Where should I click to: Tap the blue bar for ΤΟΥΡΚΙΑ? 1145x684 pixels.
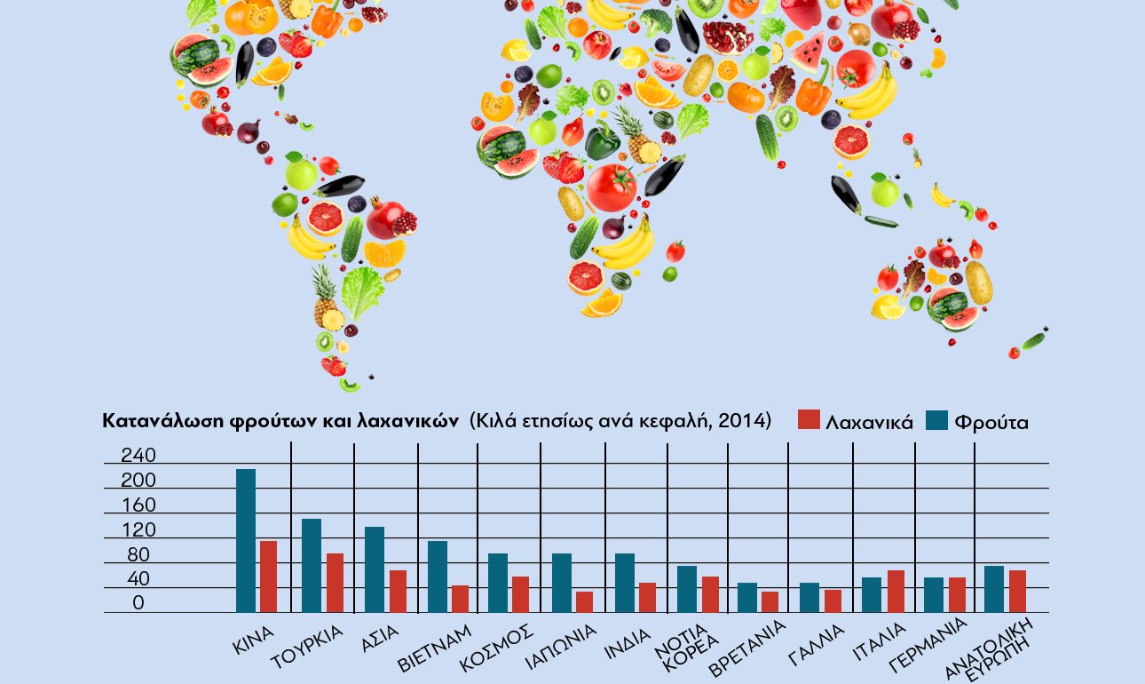point(312,565)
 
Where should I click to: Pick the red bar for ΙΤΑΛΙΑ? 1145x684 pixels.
point(896,591)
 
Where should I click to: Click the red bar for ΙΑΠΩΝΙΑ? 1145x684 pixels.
point(584,601)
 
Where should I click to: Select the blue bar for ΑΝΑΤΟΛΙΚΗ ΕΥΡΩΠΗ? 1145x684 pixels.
point(993,588)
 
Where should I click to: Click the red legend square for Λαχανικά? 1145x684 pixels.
point(809,420)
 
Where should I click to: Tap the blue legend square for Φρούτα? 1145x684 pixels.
point(937,420)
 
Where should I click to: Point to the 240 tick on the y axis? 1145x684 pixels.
point(138,456)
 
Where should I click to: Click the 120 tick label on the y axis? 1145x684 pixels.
point(138,530)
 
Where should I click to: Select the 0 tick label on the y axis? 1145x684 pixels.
point(138,603)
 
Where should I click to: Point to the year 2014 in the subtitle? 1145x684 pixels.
point(745,420)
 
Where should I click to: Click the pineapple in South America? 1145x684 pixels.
point(326,298)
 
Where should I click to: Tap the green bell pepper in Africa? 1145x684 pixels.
point(602,140)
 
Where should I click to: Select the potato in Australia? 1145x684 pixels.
point(979,282)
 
